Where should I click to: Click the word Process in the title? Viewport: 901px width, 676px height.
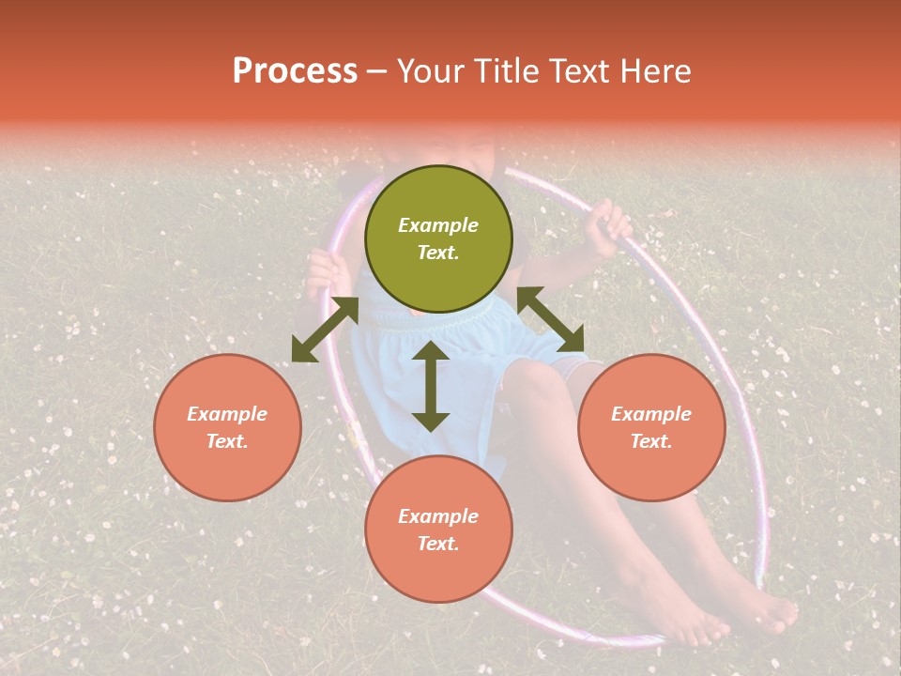coord(295,71)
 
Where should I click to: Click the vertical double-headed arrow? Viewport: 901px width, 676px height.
coord(431,386)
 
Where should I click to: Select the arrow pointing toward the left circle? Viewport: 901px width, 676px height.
coord(325,330)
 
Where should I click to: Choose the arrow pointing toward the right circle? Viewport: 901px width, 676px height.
coord(550,319)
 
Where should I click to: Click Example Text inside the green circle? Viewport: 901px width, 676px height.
coord(438,238)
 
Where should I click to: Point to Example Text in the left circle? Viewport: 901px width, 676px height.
coord(227,427)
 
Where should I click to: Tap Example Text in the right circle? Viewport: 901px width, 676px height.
coord(651,427)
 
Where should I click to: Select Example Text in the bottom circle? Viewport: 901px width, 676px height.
coord(438,530)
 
